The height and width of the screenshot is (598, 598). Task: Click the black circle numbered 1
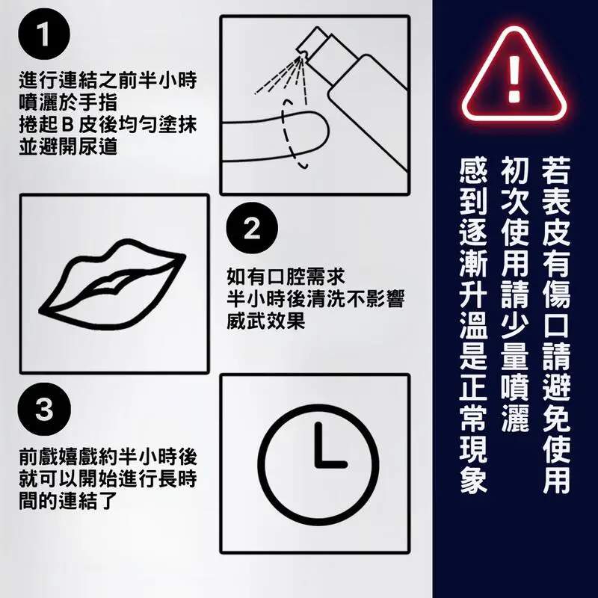click(x=44, y=34)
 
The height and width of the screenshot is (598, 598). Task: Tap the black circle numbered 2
click(x=252, y=229)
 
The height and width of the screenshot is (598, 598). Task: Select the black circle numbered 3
click(x=44, y=409)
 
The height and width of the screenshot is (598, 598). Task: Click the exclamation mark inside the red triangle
click(x=514, y=79)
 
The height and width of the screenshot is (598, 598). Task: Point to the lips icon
click(x=112, y=284)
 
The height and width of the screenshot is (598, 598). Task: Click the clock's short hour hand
click(x=331, y=465)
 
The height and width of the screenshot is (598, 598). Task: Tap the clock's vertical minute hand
click(x=318, y=444)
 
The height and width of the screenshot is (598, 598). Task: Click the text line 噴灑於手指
click(x=68, y=102)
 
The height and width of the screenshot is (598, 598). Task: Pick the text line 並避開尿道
click(x=68, y=147)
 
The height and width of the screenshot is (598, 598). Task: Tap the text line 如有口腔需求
click(x=286, y=277)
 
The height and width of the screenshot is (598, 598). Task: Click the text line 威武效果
click(x=266, y=321)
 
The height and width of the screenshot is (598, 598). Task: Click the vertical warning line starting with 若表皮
click(x=556, y=325)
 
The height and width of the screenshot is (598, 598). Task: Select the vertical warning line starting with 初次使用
click(x=514, y=295)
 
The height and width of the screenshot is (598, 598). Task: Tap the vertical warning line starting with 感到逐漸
click(x=473, y=325)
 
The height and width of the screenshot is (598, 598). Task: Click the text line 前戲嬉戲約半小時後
click(x=108, y=457)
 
